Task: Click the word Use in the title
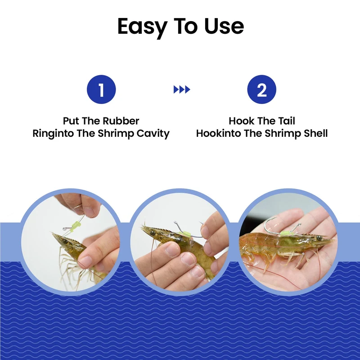tap(224, 26)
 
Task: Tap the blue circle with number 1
tap(101, 89)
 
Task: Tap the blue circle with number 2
tap(262, 89)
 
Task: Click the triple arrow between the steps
tap(182, 90)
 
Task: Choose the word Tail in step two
tap(287, 121)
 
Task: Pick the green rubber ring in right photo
tap(286, 234)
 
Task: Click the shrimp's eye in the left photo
tap(66, 241)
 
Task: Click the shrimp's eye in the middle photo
tap(152, 233)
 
